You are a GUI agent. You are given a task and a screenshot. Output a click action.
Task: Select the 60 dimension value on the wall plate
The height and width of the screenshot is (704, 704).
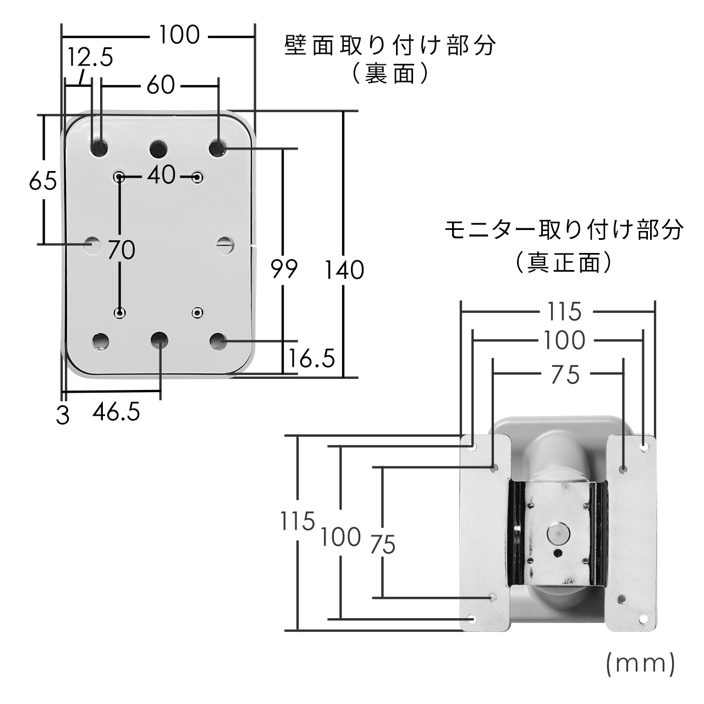[161, 85]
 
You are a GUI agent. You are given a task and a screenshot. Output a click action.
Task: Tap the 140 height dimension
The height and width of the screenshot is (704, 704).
[344, 270]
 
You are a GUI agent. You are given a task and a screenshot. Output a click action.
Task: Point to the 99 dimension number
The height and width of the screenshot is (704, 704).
[284, 269]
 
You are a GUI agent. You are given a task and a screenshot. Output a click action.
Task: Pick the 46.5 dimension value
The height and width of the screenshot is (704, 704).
[116, 411]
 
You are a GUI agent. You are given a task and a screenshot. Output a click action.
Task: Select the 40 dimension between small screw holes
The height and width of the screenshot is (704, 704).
[161, 175]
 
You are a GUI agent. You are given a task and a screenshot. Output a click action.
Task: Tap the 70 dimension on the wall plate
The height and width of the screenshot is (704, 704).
[122, 250]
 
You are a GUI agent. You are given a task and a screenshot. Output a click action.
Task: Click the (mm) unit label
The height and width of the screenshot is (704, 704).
[640, 663]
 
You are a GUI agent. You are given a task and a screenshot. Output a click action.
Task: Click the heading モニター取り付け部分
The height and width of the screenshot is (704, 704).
[564, 230]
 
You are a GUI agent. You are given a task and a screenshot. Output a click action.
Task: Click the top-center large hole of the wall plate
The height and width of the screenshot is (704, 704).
[159, 148]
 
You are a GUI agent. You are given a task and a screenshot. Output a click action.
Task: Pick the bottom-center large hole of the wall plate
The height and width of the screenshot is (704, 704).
[159, 341]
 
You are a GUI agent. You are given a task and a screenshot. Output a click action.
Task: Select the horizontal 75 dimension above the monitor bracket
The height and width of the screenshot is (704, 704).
[565, 375]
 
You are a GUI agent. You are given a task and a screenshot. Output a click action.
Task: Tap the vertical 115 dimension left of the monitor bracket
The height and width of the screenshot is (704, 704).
[297, 521]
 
